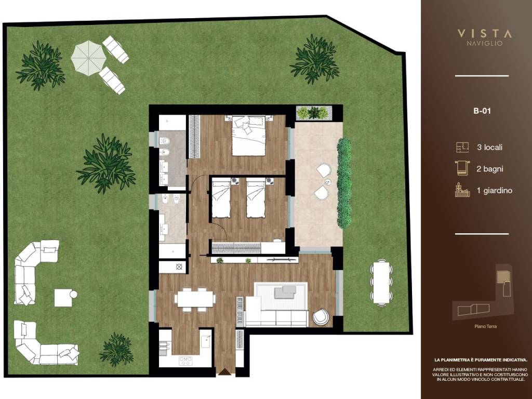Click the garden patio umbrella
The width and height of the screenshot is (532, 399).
coord(88,57)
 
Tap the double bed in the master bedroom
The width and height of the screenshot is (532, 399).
coord(249,136)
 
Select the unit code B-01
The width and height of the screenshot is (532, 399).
coord(482,111)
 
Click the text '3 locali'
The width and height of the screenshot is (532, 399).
coord(489,147)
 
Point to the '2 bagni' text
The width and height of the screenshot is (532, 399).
coord(489,169)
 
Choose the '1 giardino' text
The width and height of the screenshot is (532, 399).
coord(495,191)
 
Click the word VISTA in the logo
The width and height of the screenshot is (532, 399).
coord(485,34)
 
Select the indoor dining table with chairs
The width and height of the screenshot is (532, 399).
coord(195,300)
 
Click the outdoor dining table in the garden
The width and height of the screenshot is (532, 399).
coord(382,283)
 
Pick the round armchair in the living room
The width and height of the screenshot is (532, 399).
coord(321,316)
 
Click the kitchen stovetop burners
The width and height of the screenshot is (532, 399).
coord(185,361)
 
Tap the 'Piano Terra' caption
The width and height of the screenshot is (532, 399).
coord(486,326)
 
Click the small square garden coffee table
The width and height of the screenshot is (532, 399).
coord(63,298)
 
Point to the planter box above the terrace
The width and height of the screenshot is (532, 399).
coord(312,113)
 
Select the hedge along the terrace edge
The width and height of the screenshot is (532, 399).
coord(344,182)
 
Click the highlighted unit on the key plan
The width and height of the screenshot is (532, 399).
coord(500,277)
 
